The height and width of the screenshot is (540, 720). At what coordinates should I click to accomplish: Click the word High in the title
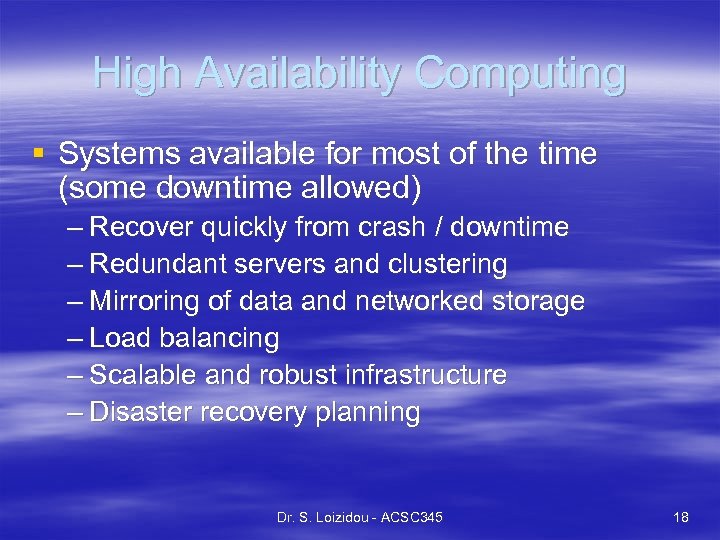tap(137, 73)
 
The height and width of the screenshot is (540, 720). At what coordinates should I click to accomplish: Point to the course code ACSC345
tap(408, 517)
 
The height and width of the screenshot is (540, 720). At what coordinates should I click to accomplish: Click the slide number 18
tap(681, 517)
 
